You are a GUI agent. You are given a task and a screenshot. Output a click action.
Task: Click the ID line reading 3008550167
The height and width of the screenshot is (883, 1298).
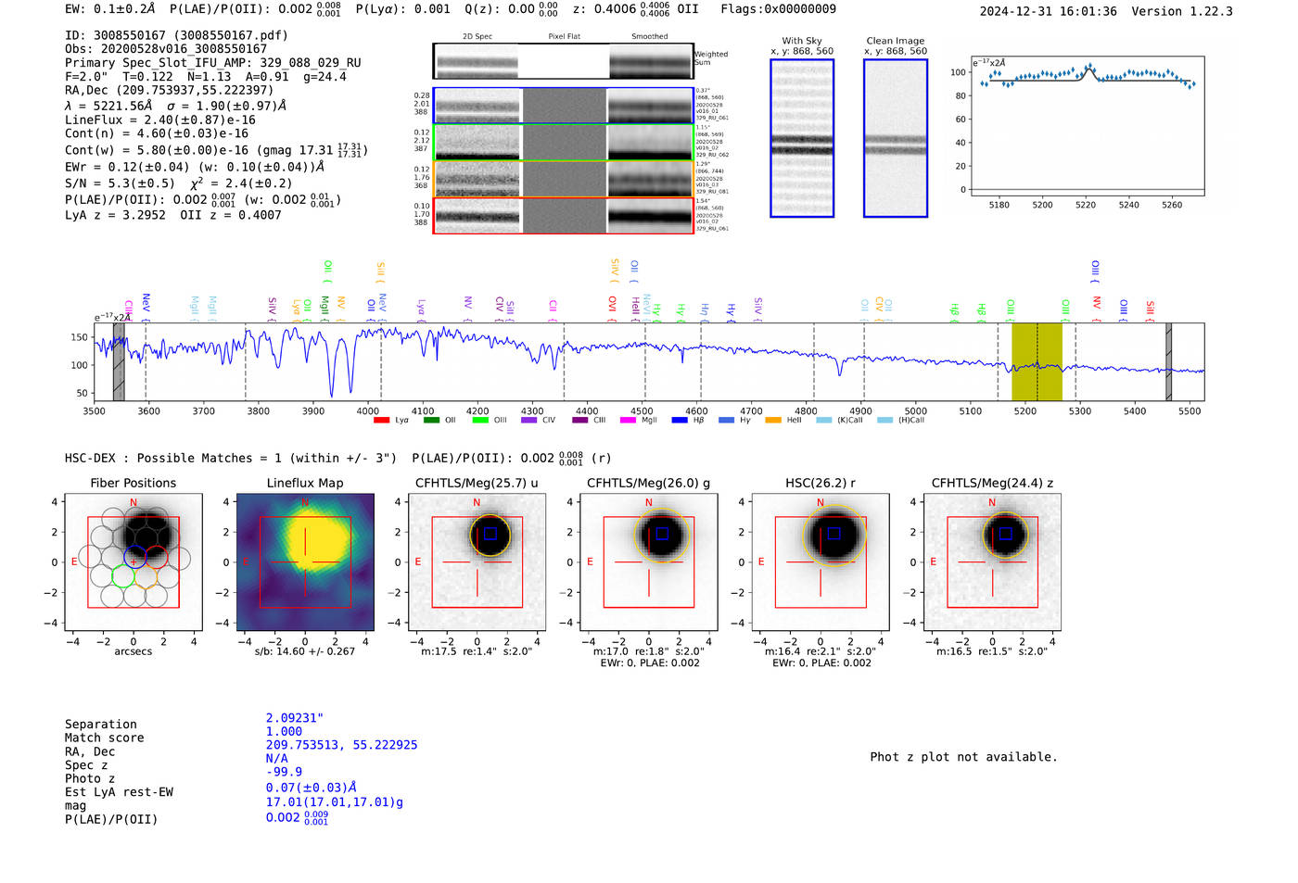pos(176,35)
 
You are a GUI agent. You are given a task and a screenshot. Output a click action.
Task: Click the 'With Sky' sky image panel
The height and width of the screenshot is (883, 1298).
pos(802,138)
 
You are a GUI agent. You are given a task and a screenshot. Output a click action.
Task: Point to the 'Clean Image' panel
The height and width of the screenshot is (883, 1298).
pos(895,138)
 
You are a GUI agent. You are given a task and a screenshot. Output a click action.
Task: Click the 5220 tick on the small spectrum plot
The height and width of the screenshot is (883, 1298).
pos(1086,205)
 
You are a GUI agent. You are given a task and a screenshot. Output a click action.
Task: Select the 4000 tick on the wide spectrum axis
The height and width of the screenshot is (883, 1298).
pos(368,410)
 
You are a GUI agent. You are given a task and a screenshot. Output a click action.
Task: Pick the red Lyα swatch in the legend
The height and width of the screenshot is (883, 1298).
pos(381,421)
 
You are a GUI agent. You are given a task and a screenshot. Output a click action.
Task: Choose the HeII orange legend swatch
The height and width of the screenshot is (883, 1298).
pos(773,421)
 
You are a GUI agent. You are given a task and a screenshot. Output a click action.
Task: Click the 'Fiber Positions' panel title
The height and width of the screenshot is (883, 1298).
pos(133,483)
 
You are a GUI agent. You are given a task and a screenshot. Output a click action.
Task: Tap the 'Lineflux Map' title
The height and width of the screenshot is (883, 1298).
pos(305,483)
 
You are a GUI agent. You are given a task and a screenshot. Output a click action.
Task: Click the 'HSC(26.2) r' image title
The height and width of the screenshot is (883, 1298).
pos(821,483)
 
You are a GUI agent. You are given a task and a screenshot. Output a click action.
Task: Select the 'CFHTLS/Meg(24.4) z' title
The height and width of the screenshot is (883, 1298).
pos(992,483)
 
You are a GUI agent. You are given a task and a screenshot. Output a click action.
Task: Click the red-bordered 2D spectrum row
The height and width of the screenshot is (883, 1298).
pos(563,216)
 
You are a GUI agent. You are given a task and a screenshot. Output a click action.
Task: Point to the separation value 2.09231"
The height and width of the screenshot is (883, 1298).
pos(294,718)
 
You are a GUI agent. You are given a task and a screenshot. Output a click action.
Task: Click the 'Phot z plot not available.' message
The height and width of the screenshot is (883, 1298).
pos(963,757)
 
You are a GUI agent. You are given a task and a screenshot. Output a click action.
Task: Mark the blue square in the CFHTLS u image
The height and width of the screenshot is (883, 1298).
pos(490,534)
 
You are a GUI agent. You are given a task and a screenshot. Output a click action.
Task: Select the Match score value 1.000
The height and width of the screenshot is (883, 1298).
pos(284,731)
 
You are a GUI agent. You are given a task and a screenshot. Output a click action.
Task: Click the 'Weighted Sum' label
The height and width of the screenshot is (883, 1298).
pos(711,58)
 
